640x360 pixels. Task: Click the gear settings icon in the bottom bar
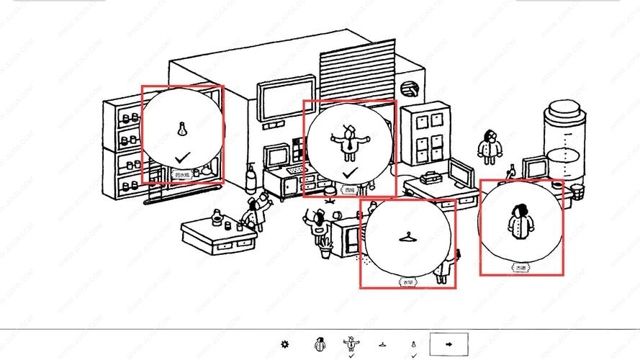click(x=285, y=344)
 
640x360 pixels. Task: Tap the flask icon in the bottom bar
click(x=413, y=344)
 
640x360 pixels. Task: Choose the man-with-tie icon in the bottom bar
click(x=351, y=343)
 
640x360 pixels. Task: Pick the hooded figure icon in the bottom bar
click(x=321, y=344)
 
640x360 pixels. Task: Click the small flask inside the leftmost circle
click(x=182, y=130)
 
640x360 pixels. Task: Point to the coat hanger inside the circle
click(x=407, y=236)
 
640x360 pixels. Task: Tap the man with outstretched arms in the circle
click(x=350, y=142)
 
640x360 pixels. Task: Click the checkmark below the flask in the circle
click(x=183, y=157)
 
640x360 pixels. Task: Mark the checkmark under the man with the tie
click(x=350, y=174)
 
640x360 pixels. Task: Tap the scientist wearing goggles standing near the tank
click(x=490, y=147)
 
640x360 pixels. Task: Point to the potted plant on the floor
click(x=326, y=248)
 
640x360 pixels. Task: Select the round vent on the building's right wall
click(x=410, y=89)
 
